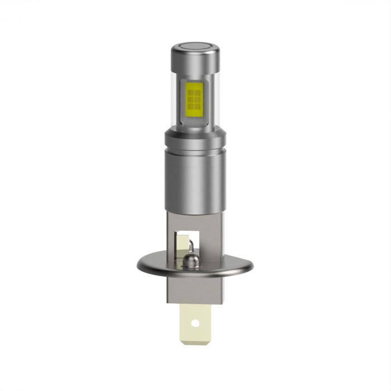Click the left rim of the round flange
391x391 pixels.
137,263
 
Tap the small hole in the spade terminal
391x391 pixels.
195,323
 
